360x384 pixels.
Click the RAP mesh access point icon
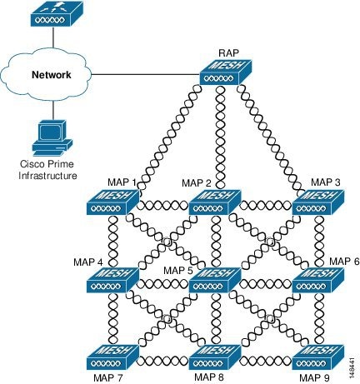226,72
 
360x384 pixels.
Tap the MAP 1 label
122,182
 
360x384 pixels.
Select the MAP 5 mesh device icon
214,280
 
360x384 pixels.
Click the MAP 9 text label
314,378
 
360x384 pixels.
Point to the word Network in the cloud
52,75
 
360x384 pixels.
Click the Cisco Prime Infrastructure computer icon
52,137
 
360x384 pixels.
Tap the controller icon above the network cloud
57,13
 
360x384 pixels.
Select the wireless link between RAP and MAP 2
220,137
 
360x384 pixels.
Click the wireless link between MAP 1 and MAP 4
113,241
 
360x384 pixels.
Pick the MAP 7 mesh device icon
112,357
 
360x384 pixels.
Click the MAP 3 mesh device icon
318,202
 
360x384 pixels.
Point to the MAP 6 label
344,262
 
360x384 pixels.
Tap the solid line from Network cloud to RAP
146,74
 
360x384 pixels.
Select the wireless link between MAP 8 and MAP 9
267,362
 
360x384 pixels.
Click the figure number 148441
352,367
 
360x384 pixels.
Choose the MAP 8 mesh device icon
214,357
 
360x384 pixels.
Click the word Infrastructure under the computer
47,176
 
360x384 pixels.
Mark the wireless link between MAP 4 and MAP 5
164,284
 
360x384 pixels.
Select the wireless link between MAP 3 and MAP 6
319,241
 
